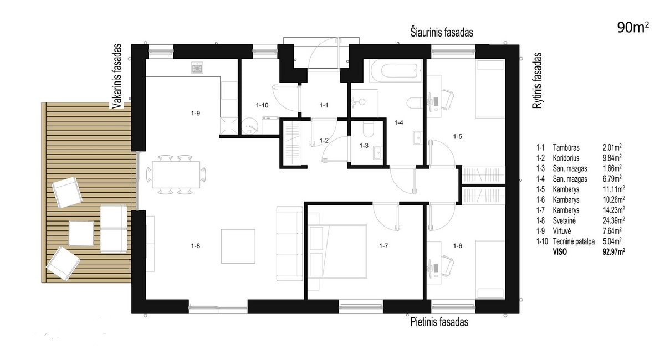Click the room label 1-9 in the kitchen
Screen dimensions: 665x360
[x=195, y=113]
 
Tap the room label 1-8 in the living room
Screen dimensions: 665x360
[x=195, y=246]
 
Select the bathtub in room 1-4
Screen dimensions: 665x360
[x=396, y=71]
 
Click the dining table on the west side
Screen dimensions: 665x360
[x=176, y=174]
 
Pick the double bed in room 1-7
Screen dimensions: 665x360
[x=337, y=251]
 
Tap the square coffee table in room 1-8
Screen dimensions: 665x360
[x=238, y=246]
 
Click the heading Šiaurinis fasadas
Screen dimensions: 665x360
[x=442, y=32]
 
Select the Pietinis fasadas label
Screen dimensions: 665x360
[x=439, y=322]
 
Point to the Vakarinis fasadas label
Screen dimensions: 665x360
[x=117, y=76]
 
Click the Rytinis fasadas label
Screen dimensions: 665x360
[x=537, y=80]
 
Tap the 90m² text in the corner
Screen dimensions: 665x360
[x=633, y=28]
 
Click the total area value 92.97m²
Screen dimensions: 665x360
[x=614, y=251]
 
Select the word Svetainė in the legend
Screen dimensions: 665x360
[x=564, y=220]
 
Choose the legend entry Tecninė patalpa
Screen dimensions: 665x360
[x=574, y=241]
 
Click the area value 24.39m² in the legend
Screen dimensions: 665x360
[x=614, y=220]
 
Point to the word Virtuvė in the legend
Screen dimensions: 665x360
[x=562, y=231]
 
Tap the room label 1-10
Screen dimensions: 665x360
[x=262, y=105]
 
